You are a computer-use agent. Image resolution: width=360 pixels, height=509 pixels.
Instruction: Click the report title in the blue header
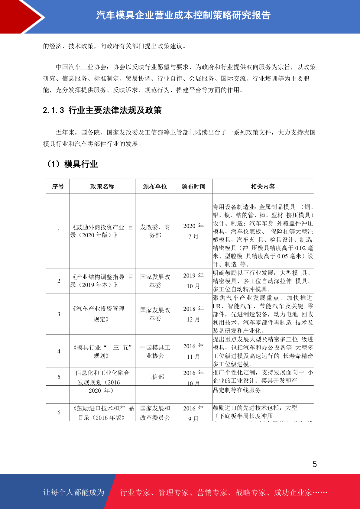pyautogui.click(x=183, y=15)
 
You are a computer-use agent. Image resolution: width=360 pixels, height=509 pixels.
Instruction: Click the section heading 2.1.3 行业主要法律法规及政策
pyautogui.click(x=102, y=110)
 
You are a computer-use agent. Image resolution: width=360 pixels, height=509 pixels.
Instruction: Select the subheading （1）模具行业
pyautogui.click(x=72, y=164)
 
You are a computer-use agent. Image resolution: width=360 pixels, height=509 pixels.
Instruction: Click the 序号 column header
pyautogui.click(x=58, y=186)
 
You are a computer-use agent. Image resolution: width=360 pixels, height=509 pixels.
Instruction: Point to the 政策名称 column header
pyautogui.click(x=102, y=186)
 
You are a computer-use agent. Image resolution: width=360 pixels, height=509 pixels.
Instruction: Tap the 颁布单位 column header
pyautogui.click(x=155, y=186)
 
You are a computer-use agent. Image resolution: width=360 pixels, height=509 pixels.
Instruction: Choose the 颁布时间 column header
pyautogui.click(x=193, y=186)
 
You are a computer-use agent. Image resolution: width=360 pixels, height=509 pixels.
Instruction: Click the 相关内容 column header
pyautogui.click(x=263, y=186)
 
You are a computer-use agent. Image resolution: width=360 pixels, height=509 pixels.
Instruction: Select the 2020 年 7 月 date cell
pyautogui.click(x=193, y=231)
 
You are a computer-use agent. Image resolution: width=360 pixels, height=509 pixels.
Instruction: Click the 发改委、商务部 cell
pyautogui.click(x=155, y=231)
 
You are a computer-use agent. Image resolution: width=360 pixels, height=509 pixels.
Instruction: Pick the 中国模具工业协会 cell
pyautogui.click(x=155, y=352)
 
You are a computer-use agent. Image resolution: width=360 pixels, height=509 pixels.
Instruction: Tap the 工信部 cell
pyautogui.click(x=155, y=377)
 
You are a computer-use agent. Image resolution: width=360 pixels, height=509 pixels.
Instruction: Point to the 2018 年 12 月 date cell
pyautogui.click(x=193, y=314)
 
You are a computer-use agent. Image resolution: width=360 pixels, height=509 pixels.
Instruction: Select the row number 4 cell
pyautogui.click(x=59, y=352)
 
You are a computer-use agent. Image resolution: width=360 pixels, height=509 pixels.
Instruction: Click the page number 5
pyautogui.click(x=315, y=464)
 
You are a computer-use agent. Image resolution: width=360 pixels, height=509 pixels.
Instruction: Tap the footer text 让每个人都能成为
pyautogui.click(x=74, y=492)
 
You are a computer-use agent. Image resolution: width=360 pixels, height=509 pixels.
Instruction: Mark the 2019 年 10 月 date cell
pyautogui.click(x=193, y=280)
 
